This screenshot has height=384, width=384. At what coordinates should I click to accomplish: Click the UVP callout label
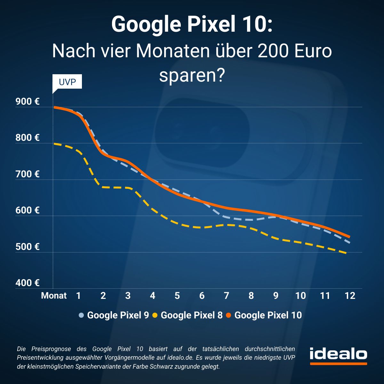pyautogui.click(x=67, y=82)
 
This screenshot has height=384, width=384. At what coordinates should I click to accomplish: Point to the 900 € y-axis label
pyautogui.click(x=28, y=102)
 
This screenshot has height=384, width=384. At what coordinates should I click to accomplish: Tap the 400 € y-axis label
pyautogui.click(x=28, y=283)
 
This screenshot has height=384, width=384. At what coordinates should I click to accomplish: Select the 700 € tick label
pyautogui.click(x=28, y=174)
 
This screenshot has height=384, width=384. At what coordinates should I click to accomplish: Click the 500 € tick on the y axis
pyautogui.click(x=28, y=247)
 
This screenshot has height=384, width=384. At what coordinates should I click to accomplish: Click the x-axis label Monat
pyautogui.click(x=54, y=296)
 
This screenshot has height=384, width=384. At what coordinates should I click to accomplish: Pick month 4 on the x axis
pyautogui.click(x=152, y=296)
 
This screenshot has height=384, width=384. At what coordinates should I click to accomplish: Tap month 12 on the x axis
pyautogui.click(x=350, y=296)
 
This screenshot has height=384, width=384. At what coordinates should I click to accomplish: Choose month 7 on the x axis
pyautogui.click(x=226, y=296)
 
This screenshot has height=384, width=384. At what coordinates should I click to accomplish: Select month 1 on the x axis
pyautogui.click(x=78, y=296)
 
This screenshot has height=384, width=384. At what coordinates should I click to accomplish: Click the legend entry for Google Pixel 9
pyautogui.click(x=114, y=315)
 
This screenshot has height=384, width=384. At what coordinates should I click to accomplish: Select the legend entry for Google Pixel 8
pyautogui.click(x=188, y=315)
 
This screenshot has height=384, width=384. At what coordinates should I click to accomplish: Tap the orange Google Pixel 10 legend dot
pyautogui.click(x=228, y=316)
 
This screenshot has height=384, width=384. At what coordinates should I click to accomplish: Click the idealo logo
pyautogui.click(x=338, y=355)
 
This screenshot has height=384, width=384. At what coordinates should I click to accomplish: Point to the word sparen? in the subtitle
pyautogui.click(x=192, y=76)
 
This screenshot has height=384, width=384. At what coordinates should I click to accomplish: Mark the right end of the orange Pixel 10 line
pyautogui.click(x=349, y=237)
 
